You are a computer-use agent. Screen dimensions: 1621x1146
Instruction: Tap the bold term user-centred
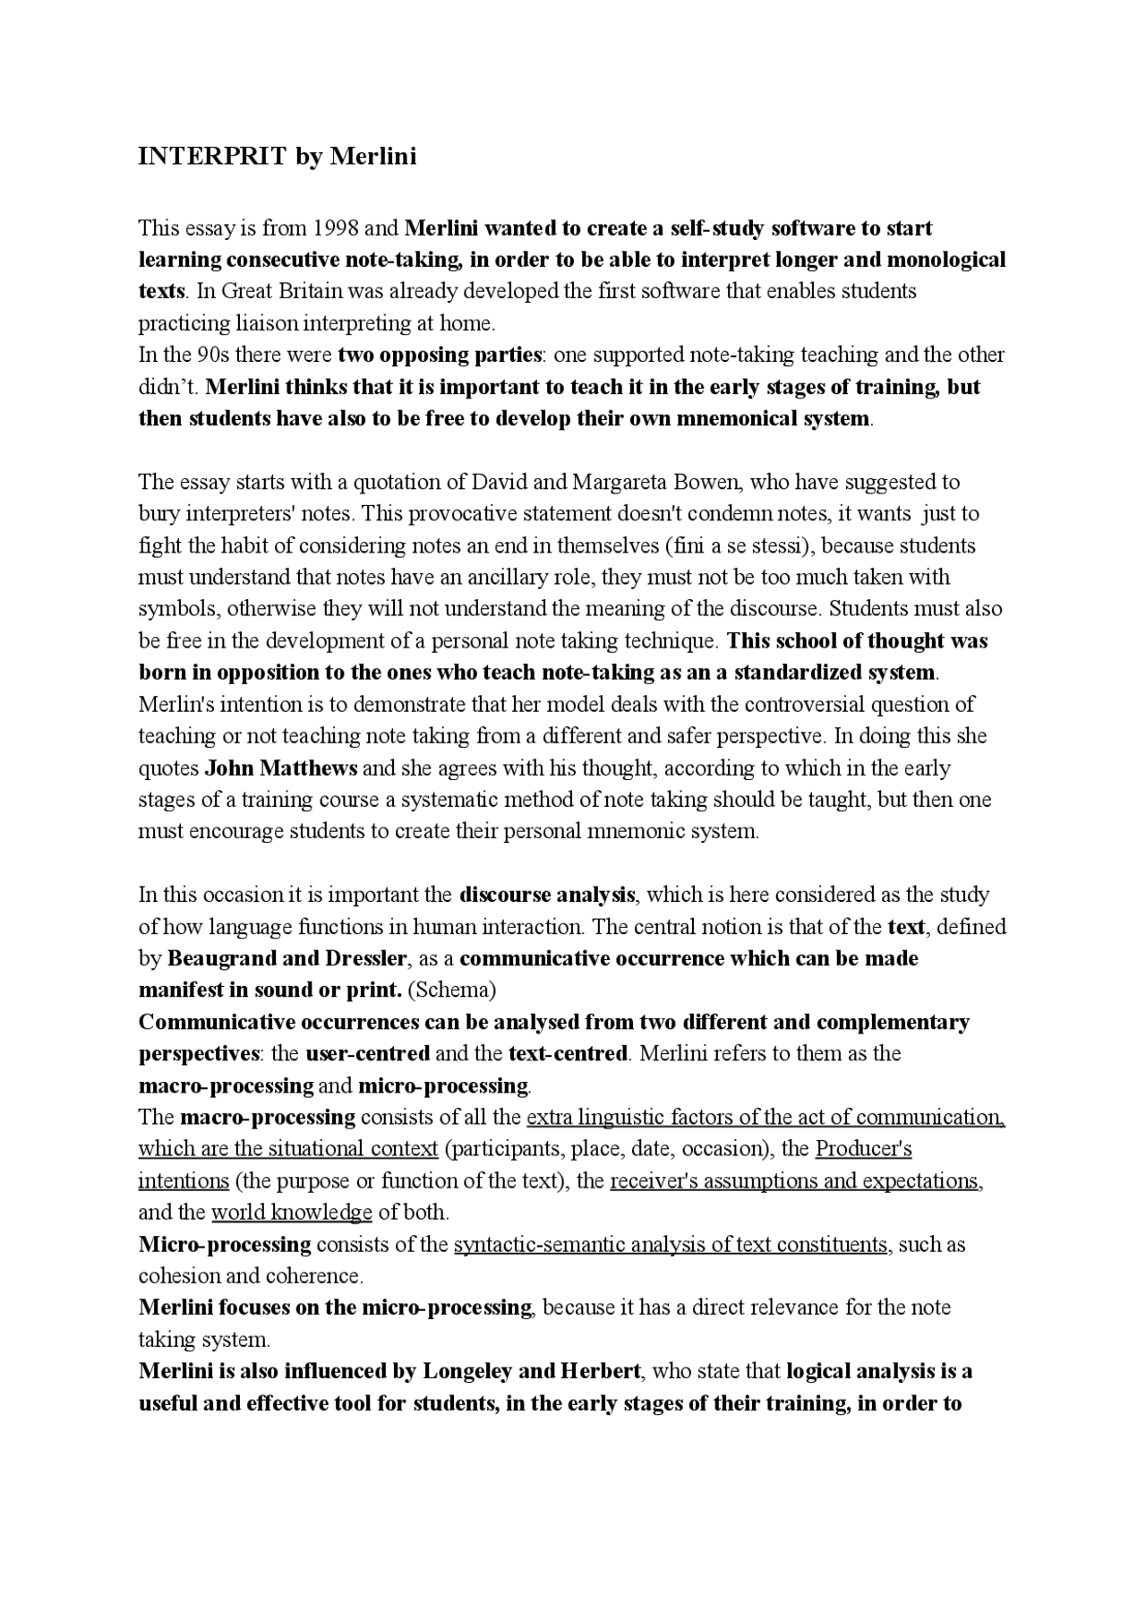point(367,1053)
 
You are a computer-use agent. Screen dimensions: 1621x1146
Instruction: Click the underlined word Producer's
point(863,1149)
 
